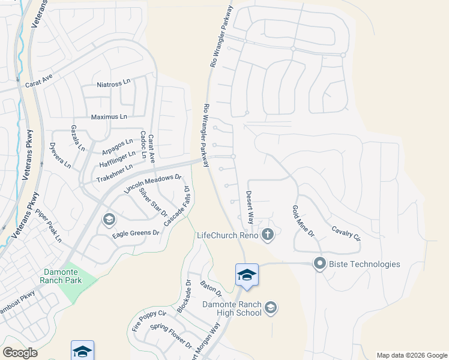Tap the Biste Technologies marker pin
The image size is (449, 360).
(x=319, y=264)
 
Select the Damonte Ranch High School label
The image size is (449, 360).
(x=232, y=308)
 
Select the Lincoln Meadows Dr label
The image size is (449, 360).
(x=152, y=184)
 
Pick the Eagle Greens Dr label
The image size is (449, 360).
(x=136, y=233)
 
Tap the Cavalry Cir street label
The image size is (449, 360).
(x=346, y=233)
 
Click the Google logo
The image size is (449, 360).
(x=20, y=352)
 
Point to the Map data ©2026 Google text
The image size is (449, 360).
(x=411, y=355)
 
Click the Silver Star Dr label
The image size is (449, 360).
(x=152, y=202)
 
